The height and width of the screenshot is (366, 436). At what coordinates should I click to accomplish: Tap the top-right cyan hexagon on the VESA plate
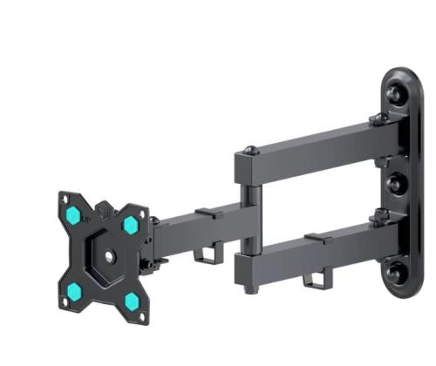tap(131, 225)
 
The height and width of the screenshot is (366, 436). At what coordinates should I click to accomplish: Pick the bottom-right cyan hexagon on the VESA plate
tap(131, 302)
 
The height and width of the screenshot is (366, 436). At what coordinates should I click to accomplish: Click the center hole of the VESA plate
tap(106, 256)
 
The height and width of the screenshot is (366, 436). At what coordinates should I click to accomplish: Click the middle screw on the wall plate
tap(392, 184)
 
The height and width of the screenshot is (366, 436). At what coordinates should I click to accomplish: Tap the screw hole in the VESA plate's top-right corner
tap(142, 212)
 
